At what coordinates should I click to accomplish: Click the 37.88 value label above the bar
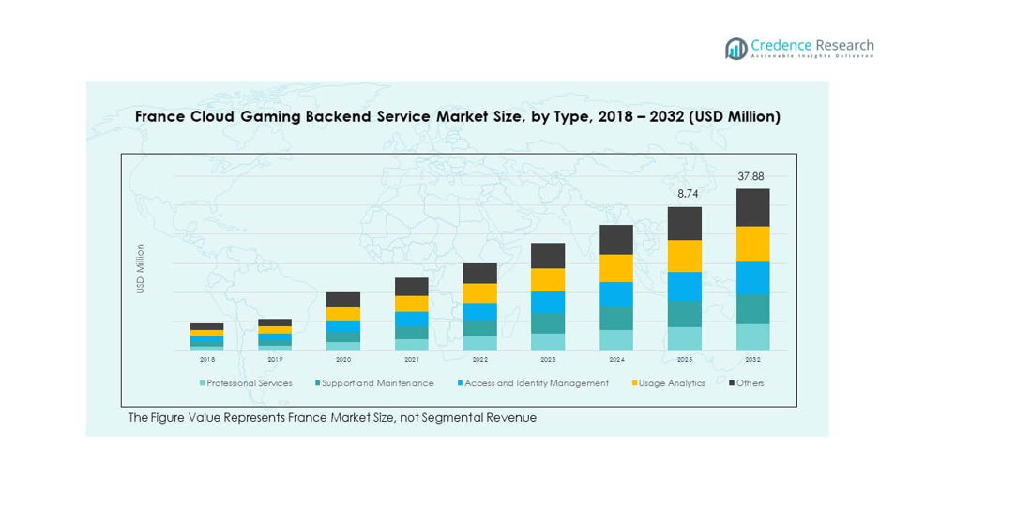tap(751, 176)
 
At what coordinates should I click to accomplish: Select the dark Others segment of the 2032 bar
tap(752, 207)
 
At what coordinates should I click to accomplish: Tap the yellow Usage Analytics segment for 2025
tap(685, 256)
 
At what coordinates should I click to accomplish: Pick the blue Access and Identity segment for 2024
tap(616, 294)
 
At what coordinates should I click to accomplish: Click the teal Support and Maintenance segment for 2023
tap(548, 323)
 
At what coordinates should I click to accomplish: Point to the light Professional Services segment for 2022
tap(479, 344)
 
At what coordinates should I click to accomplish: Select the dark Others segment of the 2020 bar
tap(343, 300)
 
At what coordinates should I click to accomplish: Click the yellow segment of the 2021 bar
tap(411, 304)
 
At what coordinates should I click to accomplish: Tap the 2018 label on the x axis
tap(207, 359)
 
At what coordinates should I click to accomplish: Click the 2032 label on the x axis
tap(752, 359)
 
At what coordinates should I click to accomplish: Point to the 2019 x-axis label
tap(275, 359)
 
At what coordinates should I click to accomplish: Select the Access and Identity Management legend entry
tap(536, 383)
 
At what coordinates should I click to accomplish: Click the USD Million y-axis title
tap(141, 269)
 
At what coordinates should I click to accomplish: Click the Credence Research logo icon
tap(736, 49)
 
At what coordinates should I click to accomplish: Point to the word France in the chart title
tap(159, 117)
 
